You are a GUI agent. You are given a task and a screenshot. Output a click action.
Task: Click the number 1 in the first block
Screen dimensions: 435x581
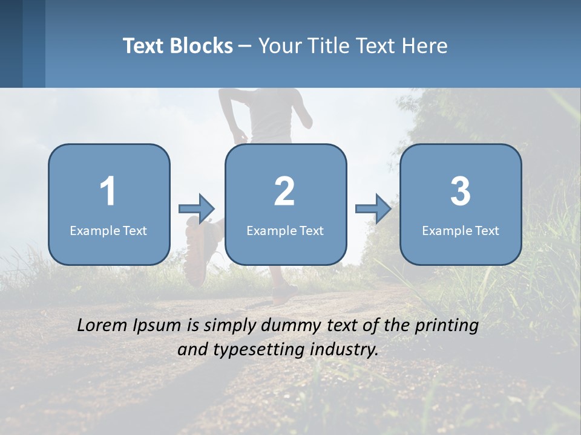108,192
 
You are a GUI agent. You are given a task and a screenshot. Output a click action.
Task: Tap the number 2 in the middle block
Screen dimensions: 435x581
284,192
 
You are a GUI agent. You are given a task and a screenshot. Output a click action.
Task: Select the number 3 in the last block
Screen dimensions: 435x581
461,192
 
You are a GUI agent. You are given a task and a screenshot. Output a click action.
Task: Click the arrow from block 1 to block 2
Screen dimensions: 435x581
197,209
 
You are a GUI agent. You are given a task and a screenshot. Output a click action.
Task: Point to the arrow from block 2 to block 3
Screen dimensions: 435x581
373,209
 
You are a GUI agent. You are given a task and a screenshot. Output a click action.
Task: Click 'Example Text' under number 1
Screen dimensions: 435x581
108,230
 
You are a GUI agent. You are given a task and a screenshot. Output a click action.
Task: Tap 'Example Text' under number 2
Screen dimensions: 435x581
285,230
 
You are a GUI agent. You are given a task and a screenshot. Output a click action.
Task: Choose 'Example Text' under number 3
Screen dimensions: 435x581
461,230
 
